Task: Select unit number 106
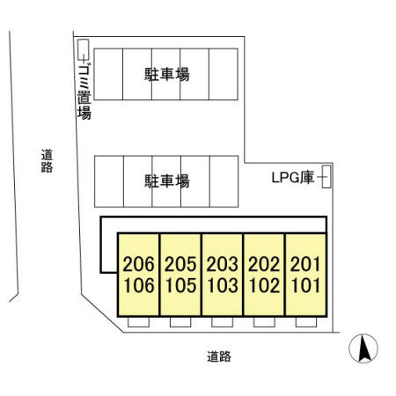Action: pos(138,285)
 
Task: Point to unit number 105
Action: pos(180,285)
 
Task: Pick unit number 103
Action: pos(222,285)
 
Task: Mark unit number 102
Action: pos(264,285)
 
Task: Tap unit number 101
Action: pos(306,285)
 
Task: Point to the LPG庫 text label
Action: pos(293,178)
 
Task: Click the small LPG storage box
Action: pos(326,177)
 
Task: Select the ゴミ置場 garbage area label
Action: pos(84,88)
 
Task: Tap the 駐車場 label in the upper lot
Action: pos(167,75)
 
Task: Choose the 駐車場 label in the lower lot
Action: pos(167,181)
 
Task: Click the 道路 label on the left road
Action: pos(46,161)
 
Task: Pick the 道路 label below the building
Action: pos(219,356)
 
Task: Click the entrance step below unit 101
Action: pos(305,321)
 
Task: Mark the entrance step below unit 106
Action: pos(138,321)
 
